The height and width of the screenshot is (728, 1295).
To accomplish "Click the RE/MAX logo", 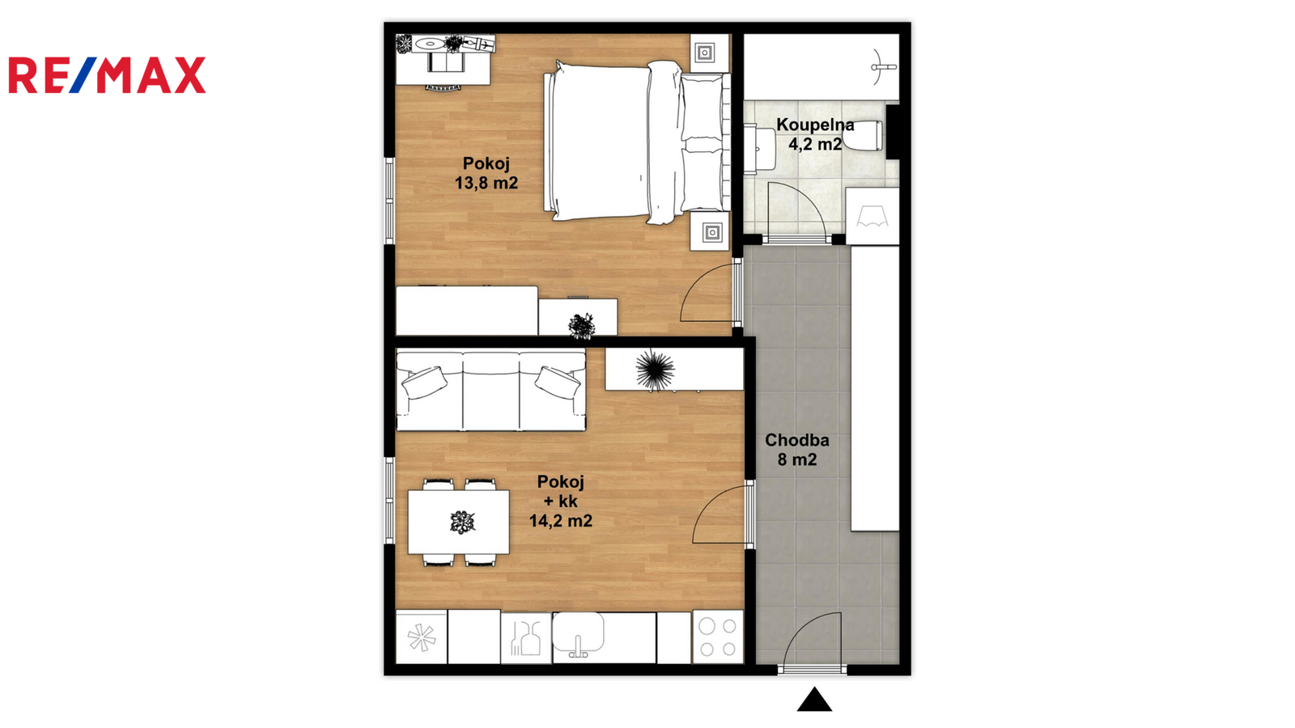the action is [107, 75].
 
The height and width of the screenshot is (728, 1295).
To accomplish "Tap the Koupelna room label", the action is [814, 125].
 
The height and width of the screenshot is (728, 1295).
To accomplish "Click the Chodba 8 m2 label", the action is [797, 450].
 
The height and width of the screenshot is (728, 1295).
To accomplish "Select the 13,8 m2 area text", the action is [486, 183].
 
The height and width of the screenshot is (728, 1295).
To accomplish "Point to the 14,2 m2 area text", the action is [561, 521].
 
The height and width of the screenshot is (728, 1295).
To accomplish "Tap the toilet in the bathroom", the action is [863, 136].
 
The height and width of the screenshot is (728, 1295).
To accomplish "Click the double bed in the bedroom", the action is [636, 142].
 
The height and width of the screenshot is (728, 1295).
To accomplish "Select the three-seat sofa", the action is [490, 392].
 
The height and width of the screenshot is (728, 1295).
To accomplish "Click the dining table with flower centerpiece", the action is [459, 523].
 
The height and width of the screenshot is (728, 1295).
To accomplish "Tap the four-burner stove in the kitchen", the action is [718, 637].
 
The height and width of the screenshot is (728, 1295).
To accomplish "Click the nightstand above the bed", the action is [709, 53].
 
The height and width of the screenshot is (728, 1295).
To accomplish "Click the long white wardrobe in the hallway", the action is [875, 388].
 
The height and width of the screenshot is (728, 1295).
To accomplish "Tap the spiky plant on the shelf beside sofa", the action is [655, 369].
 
